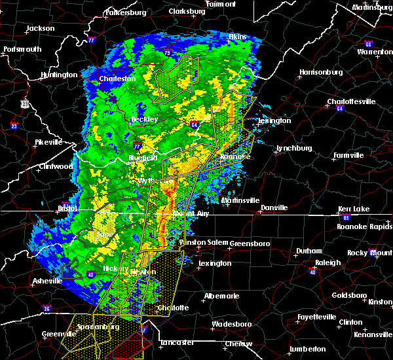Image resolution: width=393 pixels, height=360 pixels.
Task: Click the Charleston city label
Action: [x=117, y=79]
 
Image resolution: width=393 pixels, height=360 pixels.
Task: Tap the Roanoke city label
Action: [x=235, y=157]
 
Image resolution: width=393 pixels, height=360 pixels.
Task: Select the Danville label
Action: [x=274, y=208]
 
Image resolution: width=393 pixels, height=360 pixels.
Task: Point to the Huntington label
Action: [x=58, y=75]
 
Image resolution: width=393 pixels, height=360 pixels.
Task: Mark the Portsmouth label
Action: [x=22, y=49]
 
